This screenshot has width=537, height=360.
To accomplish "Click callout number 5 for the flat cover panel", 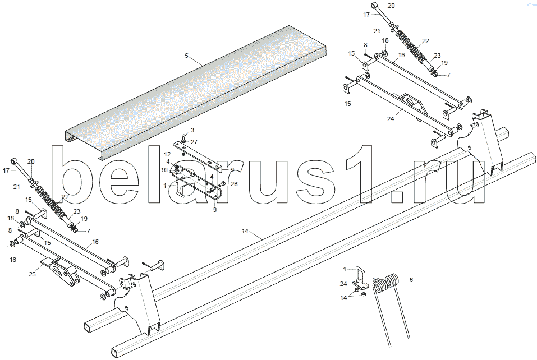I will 185,56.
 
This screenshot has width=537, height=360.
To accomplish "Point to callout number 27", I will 194,142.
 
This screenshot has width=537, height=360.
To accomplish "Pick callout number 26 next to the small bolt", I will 235,183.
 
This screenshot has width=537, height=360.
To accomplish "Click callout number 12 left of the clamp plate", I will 167,154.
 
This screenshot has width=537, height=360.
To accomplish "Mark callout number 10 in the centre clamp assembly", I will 164,169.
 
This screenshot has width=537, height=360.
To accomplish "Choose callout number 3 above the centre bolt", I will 191,130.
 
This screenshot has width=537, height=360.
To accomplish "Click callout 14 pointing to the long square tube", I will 245,230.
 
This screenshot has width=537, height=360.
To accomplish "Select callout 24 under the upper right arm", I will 391,118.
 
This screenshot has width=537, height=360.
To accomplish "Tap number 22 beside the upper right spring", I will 425,41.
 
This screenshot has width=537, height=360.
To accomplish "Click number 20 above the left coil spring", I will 31,161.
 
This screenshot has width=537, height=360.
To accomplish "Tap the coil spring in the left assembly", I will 53,202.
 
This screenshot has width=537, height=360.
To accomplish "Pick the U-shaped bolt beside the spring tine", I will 360,276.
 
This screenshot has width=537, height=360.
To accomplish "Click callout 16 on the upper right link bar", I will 402,56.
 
